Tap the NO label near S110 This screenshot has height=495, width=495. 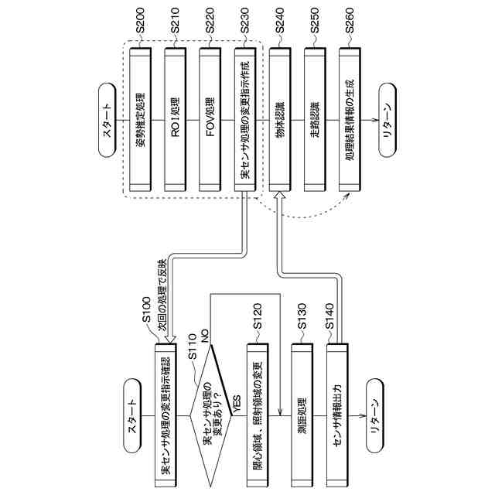coord(205,334)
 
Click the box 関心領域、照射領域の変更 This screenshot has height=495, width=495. coord(258,418)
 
